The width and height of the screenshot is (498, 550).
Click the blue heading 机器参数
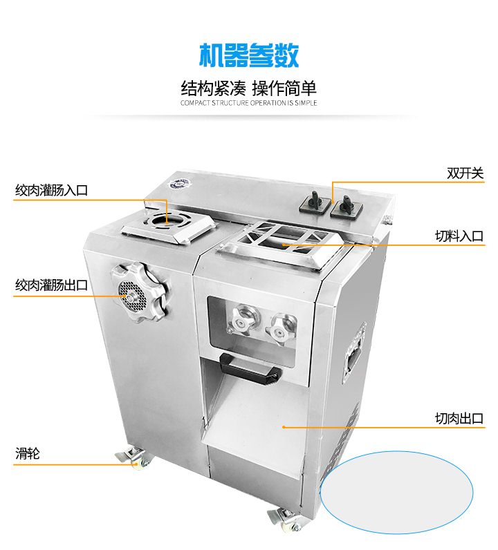(248, 55)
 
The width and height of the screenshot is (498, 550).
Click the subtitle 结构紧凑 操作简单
(248, 88)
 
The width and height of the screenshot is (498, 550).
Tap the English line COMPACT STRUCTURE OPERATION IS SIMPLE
(248, 103)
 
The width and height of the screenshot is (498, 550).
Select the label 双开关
(465, 173)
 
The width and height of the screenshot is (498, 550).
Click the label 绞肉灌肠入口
(52, 190)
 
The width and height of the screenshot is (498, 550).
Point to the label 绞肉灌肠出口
(52, 285)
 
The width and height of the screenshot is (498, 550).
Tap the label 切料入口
(459, 236)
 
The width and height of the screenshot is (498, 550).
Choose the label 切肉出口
(459, 418)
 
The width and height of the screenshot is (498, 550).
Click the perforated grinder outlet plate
(130, 291)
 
